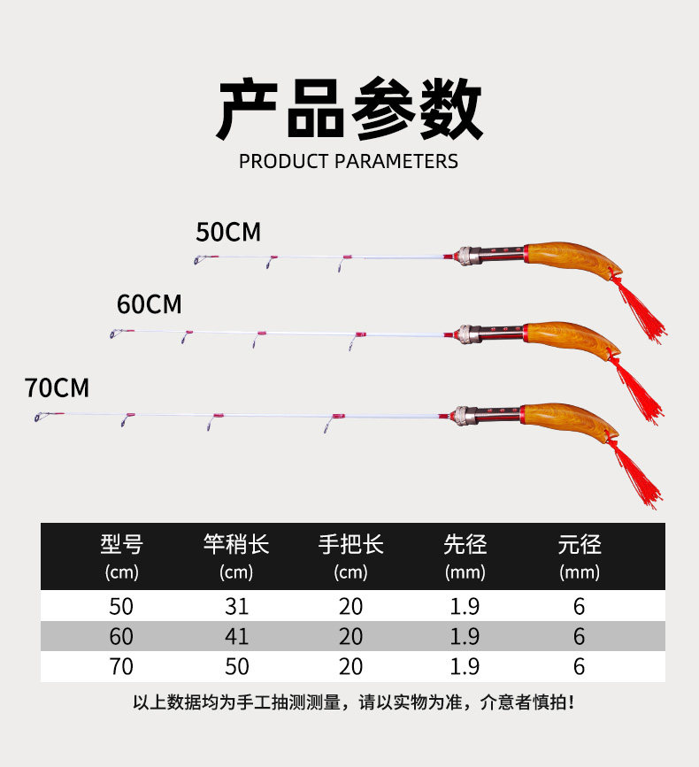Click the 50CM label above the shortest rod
(x=228, y=232)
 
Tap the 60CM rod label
(x=150, y=304)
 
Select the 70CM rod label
(x=57, y=387)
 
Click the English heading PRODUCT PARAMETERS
(x=349, y=161)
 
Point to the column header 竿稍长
(x=236, y=544)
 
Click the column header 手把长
(x=350, y=544)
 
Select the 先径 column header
(x=465, y=544)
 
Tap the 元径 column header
(x=580, y=544)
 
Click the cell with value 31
(x=237, y=607)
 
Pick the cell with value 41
(x=237, y=636)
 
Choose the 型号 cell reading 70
(x=121, y=667)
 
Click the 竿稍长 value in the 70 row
(x=237, y=667)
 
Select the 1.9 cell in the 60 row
(x=465, y=636)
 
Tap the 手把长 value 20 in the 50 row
(x=350, y=607)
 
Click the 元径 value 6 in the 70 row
(x=580, y=667)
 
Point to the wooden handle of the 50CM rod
(x=572, y=258)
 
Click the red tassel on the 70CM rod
(x=636, y=474)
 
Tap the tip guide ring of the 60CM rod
(x=115, y=334)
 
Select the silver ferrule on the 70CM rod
(x=464, y=416)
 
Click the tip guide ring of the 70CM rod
(x=40, y=417)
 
